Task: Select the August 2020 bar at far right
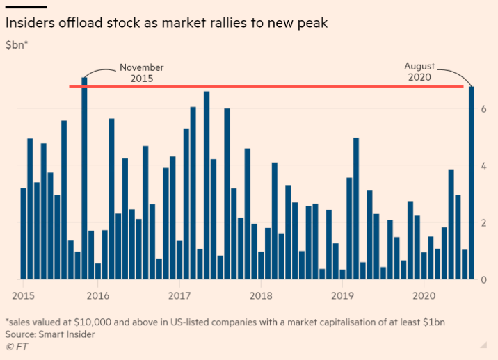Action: tap(472, 183)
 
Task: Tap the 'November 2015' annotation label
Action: tap(141, 73)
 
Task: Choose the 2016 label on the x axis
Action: tap(97, 294)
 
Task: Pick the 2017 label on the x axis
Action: tap(179, 294)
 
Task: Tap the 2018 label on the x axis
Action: tap(261, 294)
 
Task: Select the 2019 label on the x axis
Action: tap(342, 294)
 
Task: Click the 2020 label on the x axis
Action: tap(424, 294)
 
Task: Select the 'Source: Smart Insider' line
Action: tap(50, 334)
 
